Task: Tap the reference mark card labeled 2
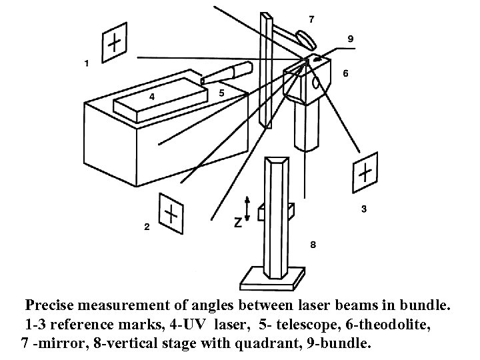(171, 213)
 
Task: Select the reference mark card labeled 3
(365, 173)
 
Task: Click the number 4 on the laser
(153, 97)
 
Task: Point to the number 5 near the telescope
(221, 94)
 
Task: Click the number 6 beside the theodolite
(345, 73)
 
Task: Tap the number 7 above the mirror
(311, 19)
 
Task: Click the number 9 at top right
(350, 38)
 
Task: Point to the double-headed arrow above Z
(248, 207)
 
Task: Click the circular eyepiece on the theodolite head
(316, 83)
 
